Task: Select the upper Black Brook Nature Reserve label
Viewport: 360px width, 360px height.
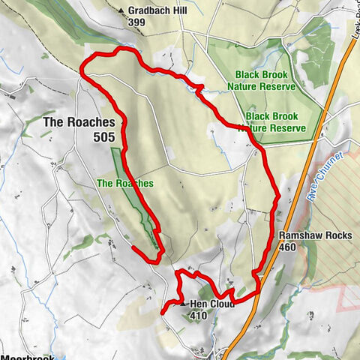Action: pos(265,81)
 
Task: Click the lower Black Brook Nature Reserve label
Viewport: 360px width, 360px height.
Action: pos(275,123)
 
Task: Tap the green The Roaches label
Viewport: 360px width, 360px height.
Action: pos(124,183)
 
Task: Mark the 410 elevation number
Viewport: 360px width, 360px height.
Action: pos(199,315)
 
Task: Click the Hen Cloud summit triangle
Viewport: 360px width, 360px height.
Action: pos(181,304)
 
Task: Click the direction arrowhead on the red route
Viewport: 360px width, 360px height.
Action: pos(199,89)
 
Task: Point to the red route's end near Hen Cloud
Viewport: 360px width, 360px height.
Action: pos(163,311)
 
